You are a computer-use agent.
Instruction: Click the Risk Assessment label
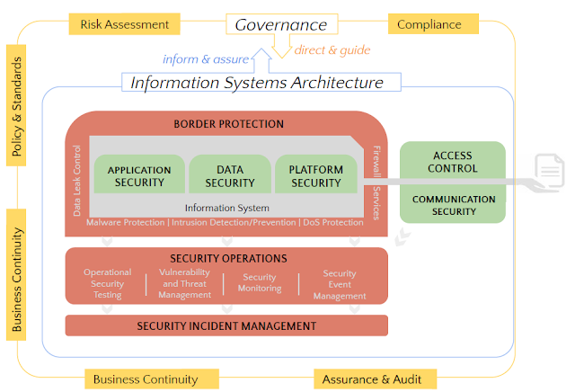124,24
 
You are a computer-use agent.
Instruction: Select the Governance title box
281,24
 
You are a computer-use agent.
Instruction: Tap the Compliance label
433,24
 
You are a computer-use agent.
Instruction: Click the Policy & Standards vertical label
16,105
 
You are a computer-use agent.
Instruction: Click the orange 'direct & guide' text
332,50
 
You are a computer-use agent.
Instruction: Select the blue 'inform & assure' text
206,59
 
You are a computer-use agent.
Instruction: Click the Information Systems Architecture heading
257,83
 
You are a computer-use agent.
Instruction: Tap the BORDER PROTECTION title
228,124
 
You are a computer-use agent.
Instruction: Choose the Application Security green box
139,174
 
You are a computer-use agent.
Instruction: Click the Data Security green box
230,174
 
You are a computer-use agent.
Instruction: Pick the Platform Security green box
316,174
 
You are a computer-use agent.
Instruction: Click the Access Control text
453,162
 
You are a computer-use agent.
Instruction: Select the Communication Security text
454,205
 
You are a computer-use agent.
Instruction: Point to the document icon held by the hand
549,171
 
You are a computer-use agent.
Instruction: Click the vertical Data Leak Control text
76,181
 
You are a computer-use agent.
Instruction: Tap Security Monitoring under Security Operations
260,282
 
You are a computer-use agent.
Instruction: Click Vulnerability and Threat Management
184,283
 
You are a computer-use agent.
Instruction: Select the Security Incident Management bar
226,325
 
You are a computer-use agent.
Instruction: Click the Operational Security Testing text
107,283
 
